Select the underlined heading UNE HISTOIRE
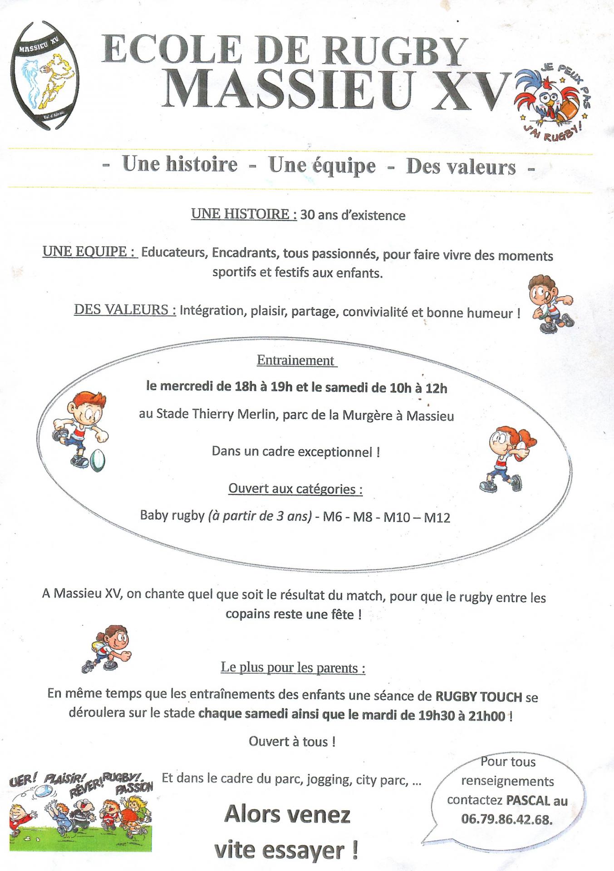pos(244,214)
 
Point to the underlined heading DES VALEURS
pos(125,310)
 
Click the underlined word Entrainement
pos(296,360)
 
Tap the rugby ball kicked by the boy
pos(97,460)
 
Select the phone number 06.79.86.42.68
pos(507,819)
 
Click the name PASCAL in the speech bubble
pos(527,800)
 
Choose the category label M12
pos(437,517)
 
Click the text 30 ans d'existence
pos(353,215)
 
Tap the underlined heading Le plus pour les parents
pos(293,668)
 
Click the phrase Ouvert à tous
pos(292,742)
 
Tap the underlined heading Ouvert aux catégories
pos(295,489)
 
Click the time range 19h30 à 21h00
pos(462,716)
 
